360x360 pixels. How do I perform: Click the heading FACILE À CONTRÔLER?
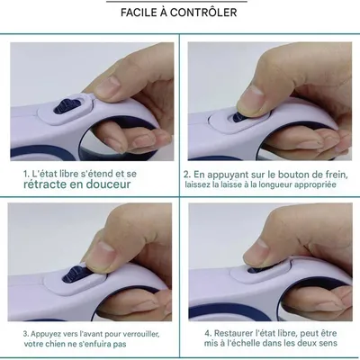point(179,13)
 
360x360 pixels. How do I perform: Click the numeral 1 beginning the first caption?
point(26,171)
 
